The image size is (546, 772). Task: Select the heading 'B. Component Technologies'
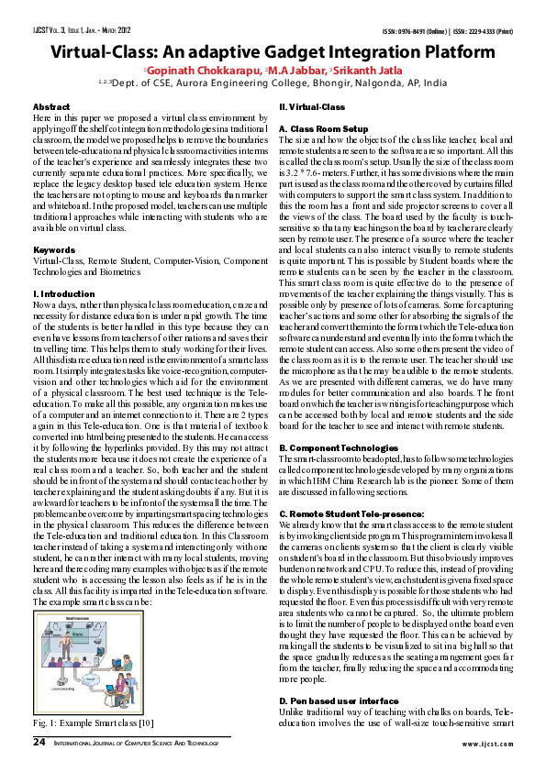338,447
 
